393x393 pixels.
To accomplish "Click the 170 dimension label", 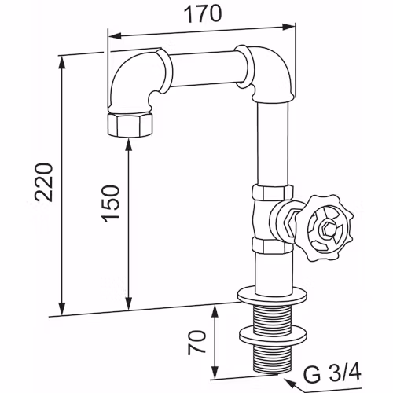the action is click(203, 14).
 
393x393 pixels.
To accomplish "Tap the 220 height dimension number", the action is click(44, 182).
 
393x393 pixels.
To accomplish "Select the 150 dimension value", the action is click(111, 204).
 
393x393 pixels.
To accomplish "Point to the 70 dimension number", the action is click(196, 343).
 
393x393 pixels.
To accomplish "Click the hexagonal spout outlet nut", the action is click(130, 125).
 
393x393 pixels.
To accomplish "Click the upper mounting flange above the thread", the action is click(272, 296).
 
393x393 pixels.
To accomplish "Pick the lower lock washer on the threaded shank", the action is click(273, 336).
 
